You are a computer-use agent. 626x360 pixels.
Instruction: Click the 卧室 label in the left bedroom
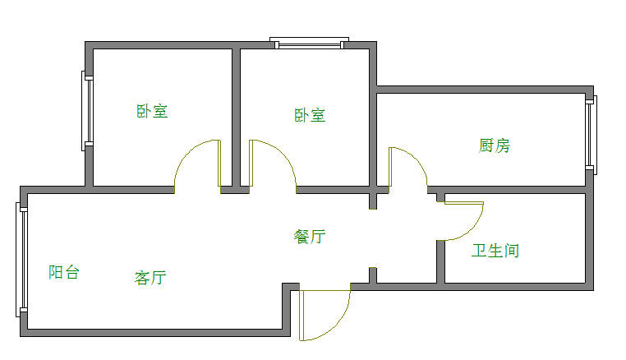(152, 111)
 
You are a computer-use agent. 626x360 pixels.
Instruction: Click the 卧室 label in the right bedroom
(310, 115)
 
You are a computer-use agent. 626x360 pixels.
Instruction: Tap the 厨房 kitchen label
(495, 145)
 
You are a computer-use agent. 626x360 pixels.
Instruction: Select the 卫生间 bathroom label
(495, 250)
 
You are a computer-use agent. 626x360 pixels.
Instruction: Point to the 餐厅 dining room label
(310, 237)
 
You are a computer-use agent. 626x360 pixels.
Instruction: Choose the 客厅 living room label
(150, 277)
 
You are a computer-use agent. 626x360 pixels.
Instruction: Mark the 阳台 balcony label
(63, 272)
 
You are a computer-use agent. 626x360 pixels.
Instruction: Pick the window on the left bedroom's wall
(85, 110)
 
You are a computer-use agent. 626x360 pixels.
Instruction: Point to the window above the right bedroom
(310, 43)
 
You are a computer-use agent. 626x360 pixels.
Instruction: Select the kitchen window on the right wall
(590, 134)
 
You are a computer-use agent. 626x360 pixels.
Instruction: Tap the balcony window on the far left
(21, 260)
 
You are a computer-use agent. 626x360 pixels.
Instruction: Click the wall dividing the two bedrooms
(236, 115)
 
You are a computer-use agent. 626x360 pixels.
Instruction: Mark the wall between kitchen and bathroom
(518, 190)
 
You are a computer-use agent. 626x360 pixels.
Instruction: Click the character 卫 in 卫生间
(479, 250)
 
